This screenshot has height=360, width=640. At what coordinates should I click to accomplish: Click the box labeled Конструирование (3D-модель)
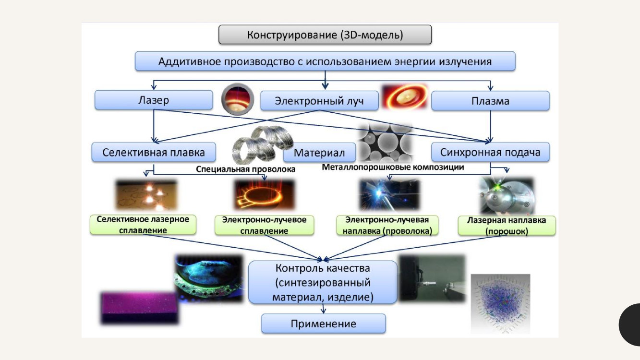tap(325, 35)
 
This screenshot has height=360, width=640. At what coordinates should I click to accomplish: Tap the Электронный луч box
tap(319, 101)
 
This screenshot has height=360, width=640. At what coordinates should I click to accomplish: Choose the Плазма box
tap(490, 101)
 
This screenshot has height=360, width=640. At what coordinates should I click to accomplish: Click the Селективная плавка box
tap(154, 153)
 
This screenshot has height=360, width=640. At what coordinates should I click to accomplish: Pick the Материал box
tap(319, 153)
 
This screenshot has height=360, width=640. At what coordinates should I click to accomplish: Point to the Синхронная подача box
tap(490, 153)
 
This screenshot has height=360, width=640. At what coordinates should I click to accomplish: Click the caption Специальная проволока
tap(246, 169)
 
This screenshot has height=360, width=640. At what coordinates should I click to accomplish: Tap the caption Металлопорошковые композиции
tap(393, 168)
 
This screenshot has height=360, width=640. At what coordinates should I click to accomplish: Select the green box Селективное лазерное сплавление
tap(143, 225)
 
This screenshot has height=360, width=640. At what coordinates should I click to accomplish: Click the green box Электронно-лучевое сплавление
tap(264, 225)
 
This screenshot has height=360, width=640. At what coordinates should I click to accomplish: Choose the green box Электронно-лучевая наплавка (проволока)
tap(387, 225)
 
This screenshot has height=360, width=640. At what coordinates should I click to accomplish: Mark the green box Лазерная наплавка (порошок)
tap(507, 226)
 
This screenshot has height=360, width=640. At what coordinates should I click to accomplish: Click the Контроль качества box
tap(323, 282)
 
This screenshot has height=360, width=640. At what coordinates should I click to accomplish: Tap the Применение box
tap(323, 324)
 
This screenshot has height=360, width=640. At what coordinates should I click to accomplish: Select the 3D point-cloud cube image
tap(500, 303)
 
